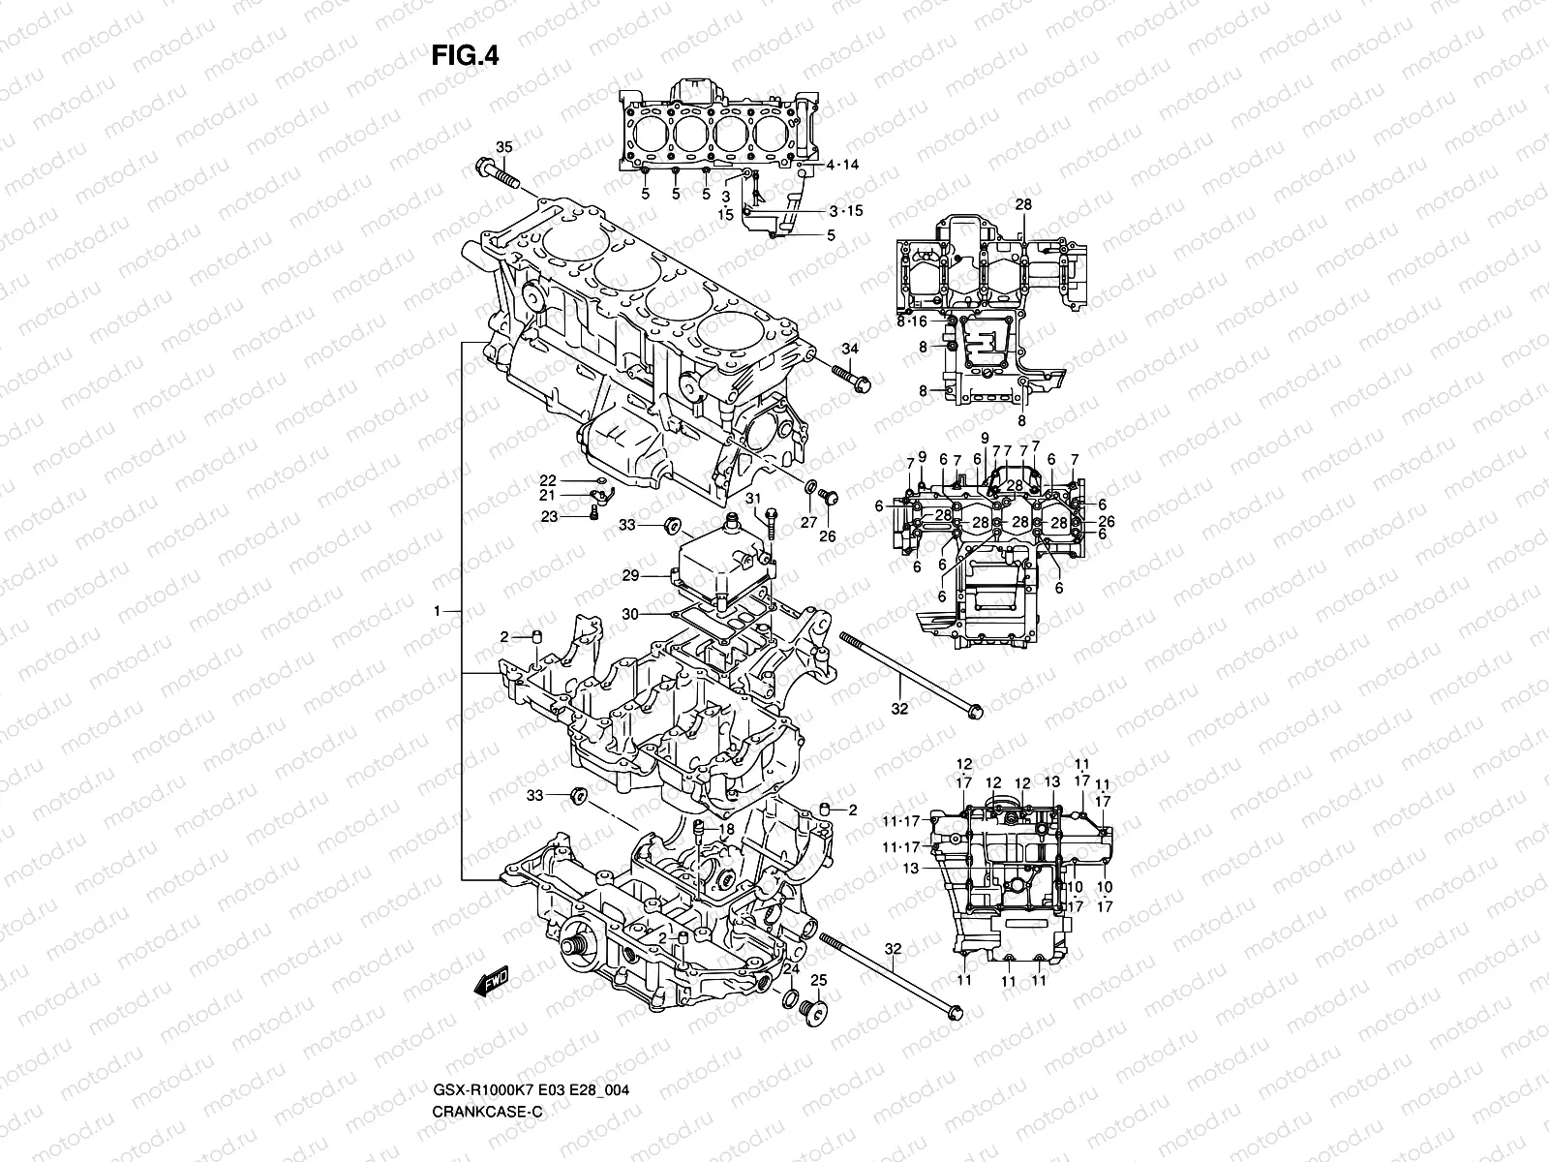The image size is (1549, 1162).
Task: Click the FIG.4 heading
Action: [465, 56]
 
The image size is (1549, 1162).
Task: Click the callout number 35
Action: [503, 147]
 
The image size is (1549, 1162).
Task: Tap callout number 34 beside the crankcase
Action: [849, 349]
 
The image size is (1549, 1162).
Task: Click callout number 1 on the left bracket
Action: [438, 611]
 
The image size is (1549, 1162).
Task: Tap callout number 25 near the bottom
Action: [818, 982]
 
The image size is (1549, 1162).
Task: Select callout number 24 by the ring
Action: [791, 969]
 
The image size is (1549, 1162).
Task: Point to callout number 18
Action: [727, 830]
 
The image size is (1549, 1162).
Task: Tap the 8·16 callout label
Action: [911, 321]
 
